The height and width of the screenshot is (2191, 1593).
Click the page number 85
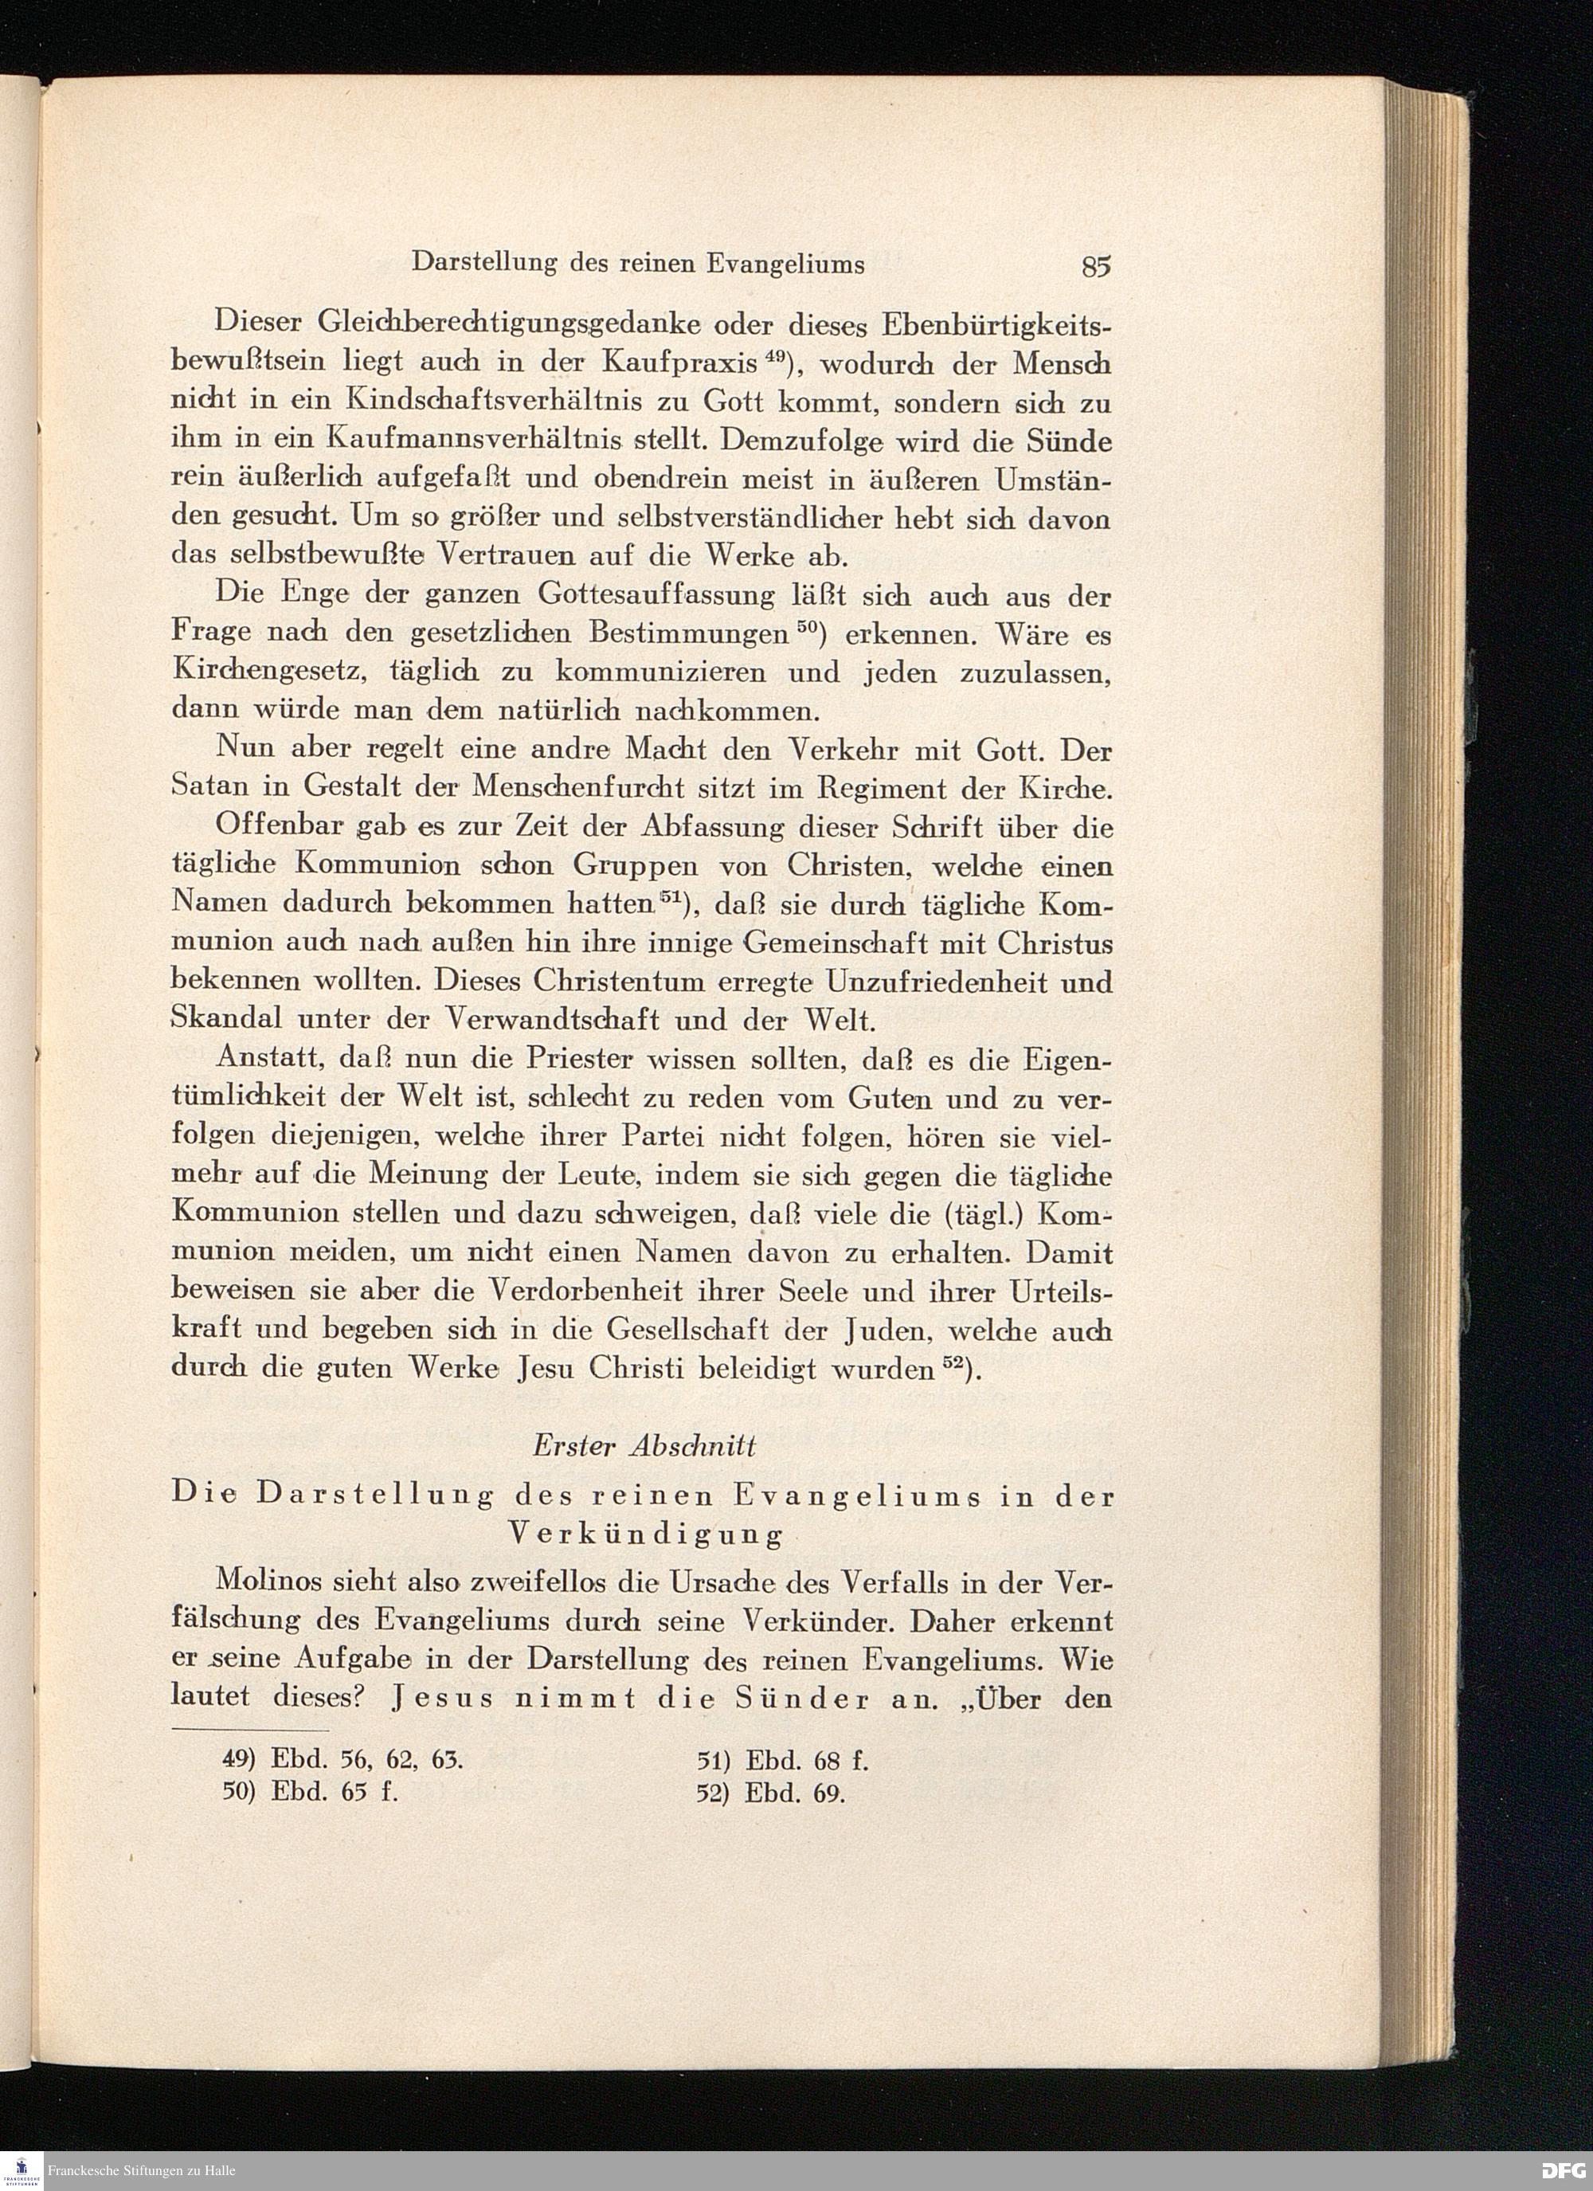tap(1097, 265)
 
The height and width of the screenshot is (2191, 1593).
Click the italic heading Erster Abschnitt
tap(644, 1445)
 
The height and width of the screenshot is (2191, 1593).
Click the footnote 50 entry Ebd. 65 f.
tap(311, 1793)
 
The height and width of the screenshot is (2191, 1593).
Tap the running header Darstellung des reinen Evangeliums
tap(637, 264)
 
